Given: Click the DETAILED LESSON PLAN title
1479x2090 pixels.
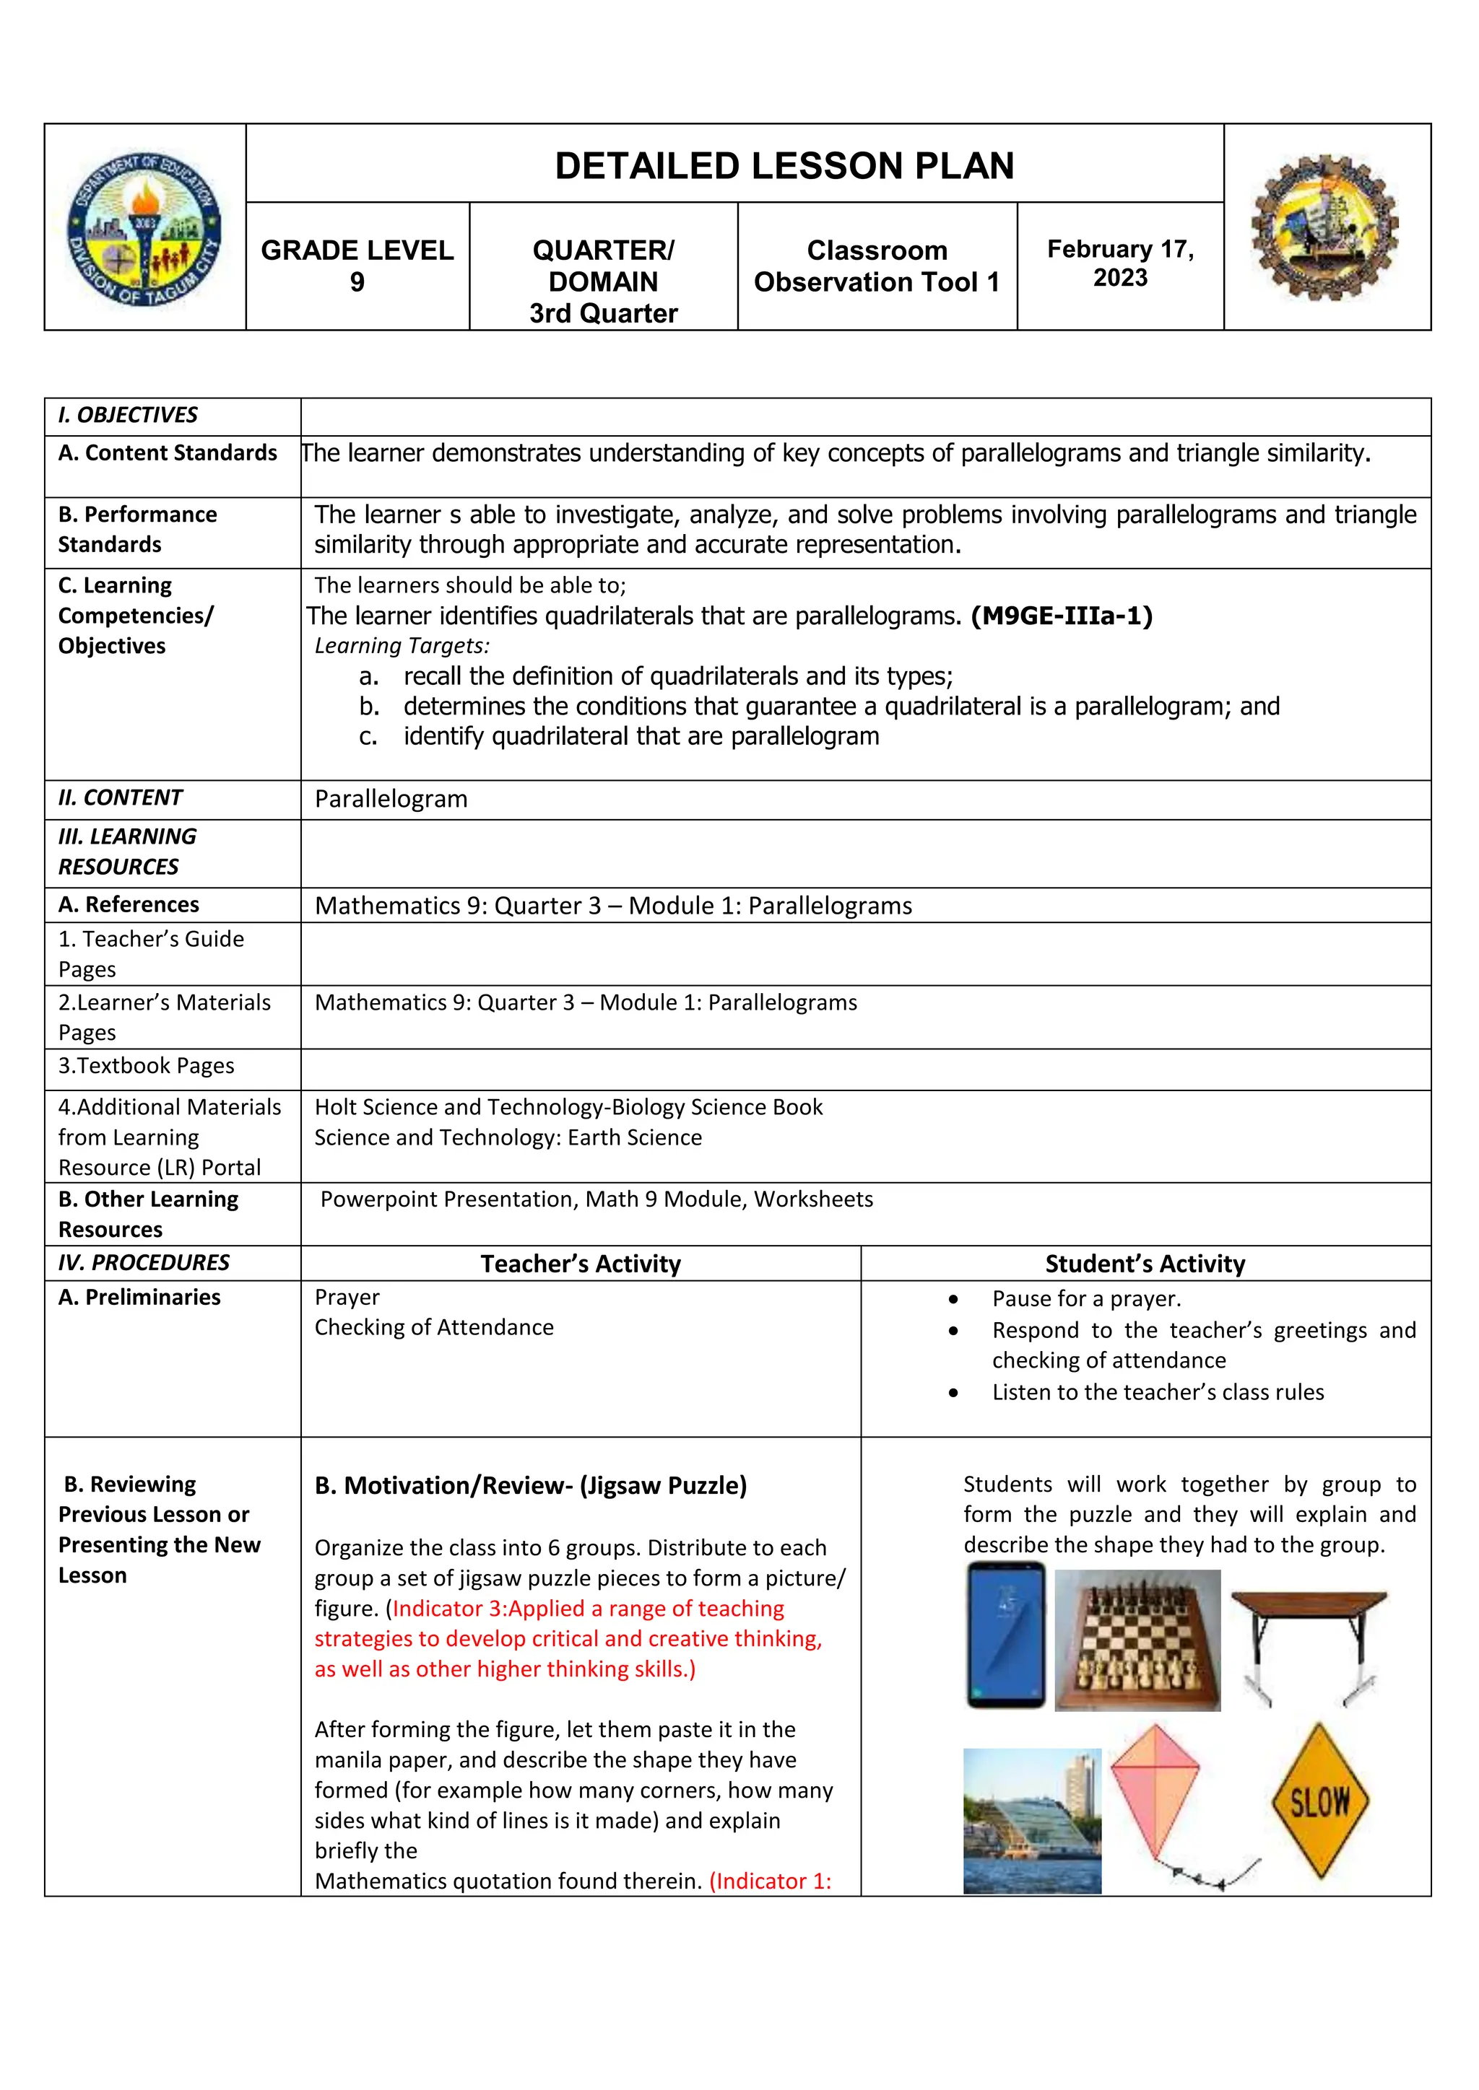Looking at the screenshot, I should tap(784, 166).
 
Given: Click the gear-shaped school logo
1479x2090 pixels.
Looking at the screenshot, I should tap(1325, 227).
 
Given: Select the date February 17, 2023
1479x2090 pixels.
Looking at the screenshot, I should tap(1119, 263).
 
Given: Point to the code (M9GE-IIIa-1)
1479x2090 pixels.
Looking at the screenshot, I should tap(1062, 616).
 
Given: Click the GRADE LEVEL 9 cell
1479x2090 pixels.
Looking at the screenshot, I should tap(357, 266).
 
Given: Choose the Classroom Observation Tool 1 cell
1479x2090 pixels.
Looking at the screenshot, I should tap(876, 266).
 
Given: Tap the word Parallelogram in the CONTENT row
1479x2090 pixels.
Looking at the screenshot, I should tap(391, 799).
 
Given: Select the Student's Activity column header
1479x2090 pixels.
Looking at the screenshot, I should tap(1145, 1264).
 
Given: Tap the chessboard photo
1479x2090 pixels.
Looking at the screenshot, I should tap(1137, 1640).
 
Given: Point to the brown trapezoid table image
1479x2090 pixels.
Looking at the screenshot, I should tap(1308, 1645).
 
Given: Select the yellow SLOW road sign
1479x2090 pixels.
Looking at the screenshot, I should tap(1319, 1801).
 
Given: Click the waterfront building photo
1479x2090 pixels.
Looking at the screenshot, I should tap(1032, 1821).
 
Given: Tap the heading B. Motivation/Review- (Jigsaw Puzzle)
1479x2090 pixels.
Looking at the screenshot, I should tap(530, 1485).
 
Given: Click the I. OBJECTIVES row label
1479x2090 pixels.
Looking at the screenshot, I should tap(128, 415).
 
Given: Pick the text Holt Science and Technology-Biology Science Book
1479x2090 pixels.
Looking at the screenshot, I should tap(568, 1107).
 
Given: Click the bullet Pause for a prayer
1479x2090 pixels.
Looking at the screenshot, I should tap(1085, 1299).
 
